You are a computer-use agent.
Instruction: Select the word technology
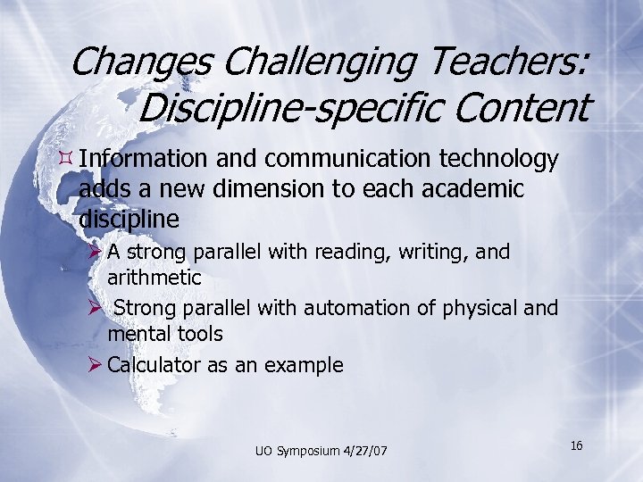pos(499,161)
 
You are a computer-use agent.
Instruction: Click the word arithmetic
pos(154,278)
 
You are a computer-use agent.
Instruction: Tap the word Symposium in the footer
pos(306,451)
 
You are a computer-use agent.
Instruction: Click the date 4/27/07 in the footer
pos(366,450)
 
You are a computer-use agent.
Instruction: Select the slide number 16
pos(576,445)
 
